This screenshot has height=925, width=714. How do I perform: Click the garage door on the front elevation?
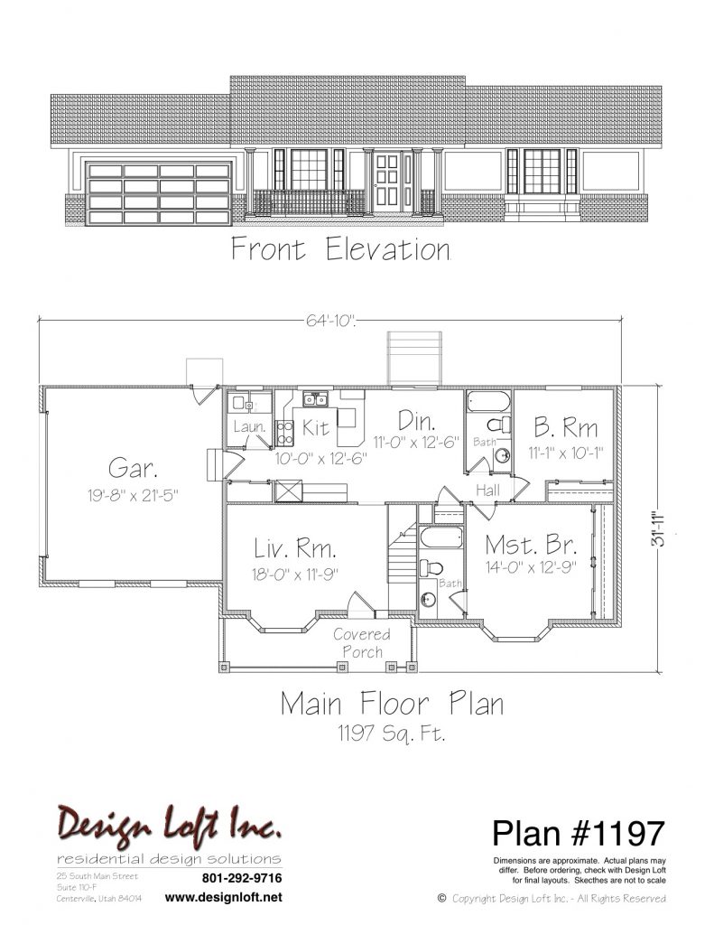[x=158, y=193]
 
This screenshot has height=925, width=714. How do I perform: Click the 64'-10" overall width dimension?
[x=330, y=321]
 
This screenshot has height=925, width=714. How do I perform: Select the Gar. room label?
[x=133, y=469]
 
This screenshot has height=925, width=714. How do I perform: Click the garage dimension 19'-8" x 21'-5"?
[x=133, y=495]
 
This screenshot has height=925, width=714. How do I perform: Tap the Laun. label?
[x=249, y=426]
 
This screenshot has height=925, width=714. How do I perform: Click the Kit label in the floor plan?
[x=315, y=427]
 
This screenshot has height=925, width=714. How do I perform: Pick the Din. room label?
[x=417, y=421]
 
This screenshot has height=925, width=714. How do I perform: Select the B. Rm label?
[x=565, y=427]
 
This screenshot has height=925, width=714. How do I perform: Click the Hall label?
[x=487, y=490]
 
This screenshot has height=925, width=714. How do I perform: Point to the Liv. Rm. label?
[x=295, y=548]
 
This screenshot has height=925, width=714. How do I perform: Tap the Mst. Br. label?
[x=531, y=544]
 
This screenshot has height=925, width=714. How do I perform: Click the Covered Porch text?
[x=362, y=643]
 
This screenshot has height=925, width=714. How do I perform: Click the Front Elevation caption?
[x=341, y=248]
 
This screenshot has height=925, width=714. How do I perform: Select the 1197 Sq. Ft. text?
[x=391, y=733]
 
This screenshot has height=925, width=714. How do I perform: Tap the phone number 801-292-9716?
[x=242, y=878]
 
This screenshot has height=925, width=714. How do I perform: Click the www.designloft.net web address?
[x=224, y=897]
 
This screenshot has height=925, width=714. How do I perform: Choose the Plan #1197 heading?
[x=579, y=833]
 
